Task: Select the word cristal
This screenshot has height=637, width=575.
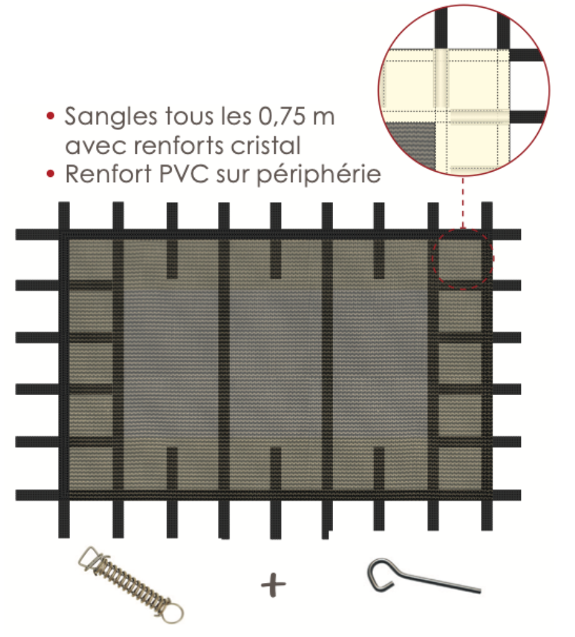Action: point(266,145)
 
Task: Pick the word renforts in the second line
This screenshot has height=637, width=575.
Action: point(179,145)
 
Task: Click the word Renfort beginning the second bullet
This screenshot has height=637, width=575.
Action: point(108,174)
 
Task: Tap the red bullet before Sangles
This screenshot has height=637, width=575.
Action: point(50,116)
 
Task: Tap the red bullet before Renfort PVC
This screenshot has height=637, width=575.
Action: point(50,174)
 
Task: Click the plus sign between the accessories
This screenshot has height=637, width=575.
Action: point(274,585)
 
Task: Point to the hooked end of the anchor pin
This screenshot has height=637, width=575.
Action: point(381,574)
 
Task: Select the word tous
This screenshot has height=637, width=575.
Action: point(189,116)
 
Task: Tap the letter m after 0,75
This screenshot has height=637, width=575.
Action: point(324,118)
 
